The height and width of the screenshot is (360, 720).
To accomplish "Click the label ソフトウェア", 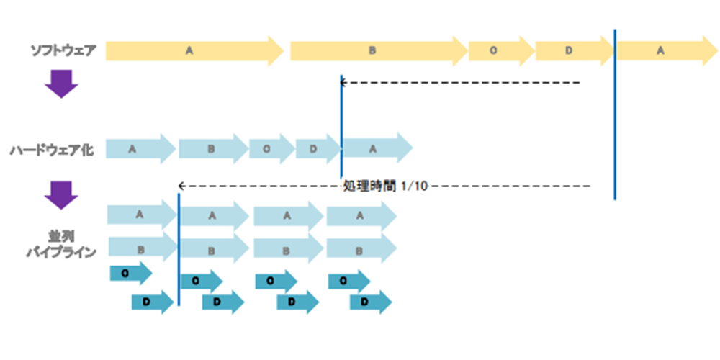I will pyautogui.click(x=63, y=50).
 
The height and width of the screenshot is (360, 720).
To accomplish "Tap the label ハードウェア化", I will pyautogui.click(x=54, y=150).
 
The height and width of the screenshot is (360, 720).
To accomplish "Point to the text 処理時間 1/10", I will pyautogui.click(x=385, y=186).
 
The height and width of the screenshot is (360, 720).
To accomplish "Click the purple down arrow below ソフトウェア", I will pyautogui.click(x=61, y=83).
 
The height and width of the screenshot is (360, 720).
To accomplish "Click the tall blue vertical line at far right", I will pyautogui.click(x=615, y=115).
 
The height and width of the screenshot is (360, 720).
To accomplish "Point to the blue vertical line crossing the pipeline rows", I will pyautogui.click(x=179, y=245).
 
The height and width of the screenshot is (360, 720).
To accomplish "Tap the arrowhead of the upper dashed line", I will pyautogui.click(x=343, y=82).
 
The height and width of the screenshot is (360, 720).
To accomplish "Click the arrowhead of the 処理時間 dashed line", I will pyautogui.click(x=181, y=186).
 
